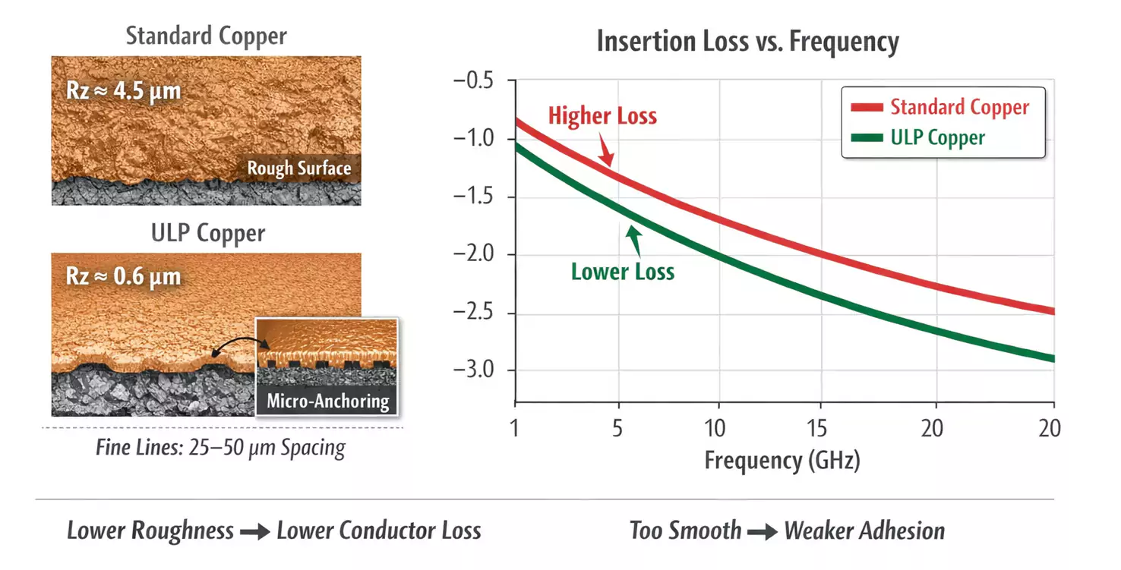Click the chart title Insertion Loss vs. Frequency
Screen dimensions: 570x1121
[x=747, y=41]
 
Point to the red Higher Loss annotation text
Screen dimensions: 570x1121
[x=602, y=116]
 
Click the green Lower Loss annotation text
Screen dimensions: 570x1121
[x=623, y=272]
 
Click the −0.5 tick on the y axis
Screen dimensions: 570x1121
[x=473, y=80]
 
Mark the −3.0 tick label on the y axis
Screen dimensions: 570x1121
[x=473, y=370]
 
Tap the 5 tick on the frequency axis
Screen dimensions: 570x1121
[x=617, y=428]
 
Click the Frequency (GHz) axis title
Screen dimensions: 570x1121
[x=782, y=461]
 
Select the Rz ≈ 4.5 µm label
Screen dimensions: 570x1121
[x=123, y=91]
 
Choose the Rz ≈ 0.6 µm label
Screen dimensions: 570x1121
[x=123, y=276]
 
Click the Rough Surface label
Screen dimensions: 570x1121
[x=299, y=168]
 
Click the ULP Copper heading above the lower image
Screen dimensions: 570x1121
[x=208, y=233]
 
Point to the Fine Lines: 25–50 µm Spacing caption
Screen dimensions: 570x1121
[x=221, y=448]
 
